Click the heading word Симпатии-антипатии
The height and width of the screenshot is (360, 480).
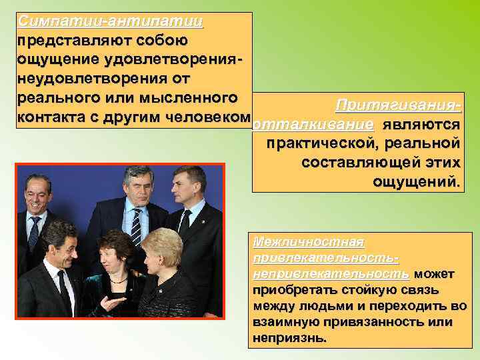[111, 21]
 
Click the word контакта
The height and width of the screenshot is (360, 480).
[49, 118]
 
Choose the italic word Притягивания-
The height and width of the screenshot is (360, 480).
[398, 106]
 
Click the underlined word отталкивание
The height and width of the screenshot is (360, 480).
[314, 125]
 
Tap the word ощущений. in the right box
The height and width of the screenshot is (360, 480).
[417, 181]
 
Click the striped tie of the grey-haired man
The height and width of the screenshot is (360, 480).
[137, 227]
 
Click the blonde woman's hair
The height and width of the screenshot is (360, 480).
[162, 243]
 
